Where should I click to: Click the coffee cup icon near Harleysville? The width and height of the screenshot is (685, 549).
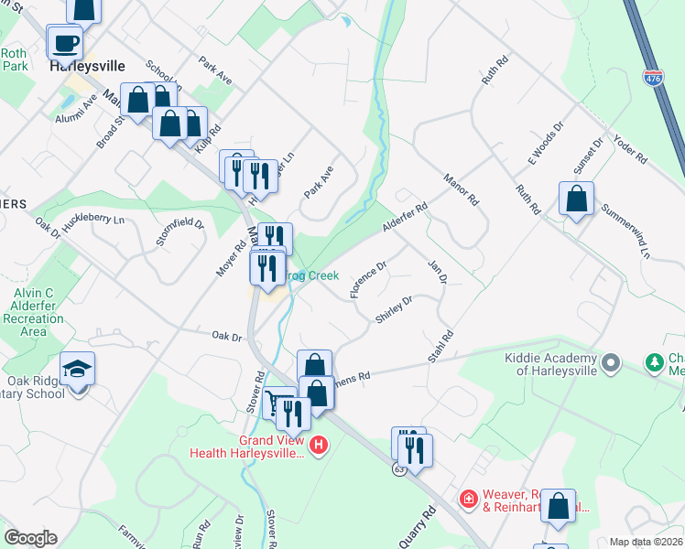pyautogui.click(x=67, y=42)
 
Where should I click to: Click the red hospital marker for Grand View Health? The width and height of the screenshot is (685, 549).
pyautogui.click(x=318, y=446)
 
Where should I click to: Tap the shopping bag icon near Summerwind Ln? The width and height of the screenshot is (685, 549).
pyautogui.click(x=577, y=198)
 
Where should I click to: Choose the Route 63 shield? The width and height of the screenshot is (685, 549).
pyautogui.click(x=398, y=469)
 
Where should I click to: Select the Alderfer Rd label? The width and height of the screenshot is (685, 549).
pyautogui.click(x=407, y=220)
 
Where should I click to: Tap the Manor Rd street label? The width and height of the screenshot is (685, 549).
pyautogui.click(x=461, y=188)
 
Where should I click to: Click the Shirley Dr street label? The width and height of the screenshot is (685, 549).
pyautogui.click(x=394, y=309)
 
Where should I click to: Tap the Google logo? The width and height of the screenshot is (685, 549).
pyautogui.click(x=30, y=538)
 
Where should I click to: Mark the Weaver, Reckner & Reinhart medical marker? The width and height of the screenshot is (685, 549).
pyautogui.click(x=468, y=498)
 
